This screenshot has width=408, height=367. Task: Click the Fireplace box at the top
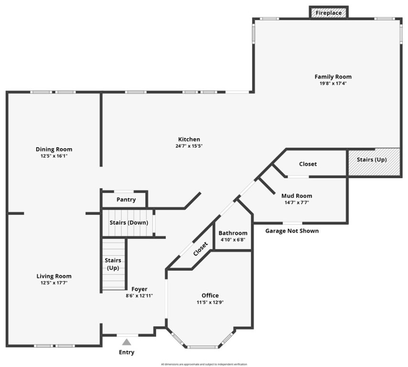click(x=329, y=13)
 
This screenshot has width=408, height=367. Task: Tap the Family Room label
click(x=333, y=76)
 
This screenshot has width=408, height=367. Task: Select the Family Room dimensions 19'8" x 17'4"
click(x=333, y=83)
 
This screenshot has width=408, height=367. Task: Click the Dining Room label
click(x=54, y=149)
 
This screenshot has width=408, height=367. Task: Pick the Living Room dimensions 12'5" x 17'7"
click(x=54, y=283)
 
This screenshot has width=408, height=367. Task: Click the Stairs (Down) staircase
click(x=129, y=223)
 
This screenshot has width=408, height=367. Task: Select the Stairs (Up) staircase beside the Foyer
click(x=113, y=264)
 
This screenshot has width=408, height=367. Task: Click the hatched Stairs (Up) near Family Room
click(x=372, y=160)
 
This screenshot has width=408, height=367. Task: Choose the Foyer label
click(x=139, y=289)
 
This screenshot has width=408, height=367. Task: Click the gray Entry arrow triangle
click(x=127, y=342)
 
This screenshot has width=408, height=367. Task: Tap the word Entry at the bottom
click(x=127, y=353)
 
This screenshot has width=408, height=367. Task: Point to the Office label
click(x=210, y=295)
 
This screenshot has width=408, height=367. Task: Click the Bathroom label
click(x=233, y=233)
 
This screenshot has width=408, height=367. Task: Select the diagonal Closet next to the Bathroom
click(x=201, y=249)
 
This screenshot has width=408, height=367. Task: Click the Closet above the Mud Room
click(x=308, y=164)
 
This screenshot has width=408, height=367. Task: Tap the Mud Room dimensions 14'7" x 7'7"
click(x=297, y=202)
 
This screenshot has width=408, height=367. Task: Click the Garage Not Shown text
click(x=292, y=231)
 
